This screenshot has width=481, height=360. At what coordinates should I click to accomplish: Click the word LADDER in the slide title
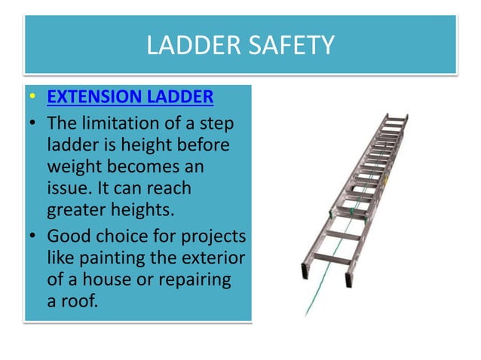coord(191,45)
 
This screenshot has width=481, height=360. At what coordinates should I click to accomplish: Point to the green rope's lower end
coord(306,313)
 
